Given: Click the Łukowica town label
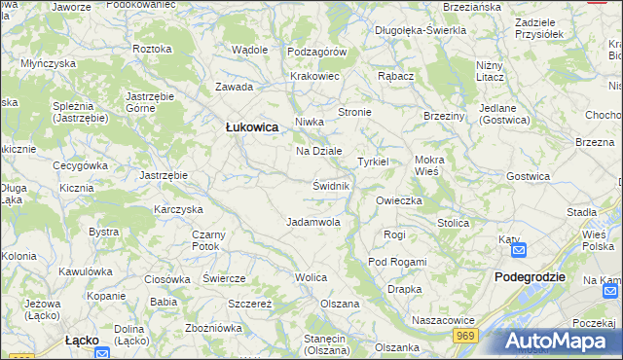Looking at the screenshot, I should point(252,126).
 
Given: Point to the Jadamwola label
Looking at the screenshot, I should point(312,222).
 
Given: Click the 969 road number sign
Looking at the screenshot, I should point(466,334).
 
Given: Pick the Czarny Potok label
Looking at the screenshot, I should point(208,240).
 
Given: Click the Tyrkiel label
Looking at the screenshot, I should point(373,161).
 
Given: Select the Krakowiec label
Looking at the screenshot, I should point(313,75).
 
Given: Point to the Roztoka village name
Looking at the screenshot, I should point(152,48).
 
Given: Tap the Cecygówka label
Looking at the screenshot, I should point(80,165).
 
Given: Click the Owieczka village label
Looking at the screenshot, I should point(399,200).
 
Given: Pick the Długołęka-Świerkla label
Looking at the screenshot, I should point(421,30).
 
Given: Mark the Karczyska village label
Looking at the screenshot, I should point(177,209).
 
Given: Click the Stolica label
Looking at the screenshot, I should point(453,223).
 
